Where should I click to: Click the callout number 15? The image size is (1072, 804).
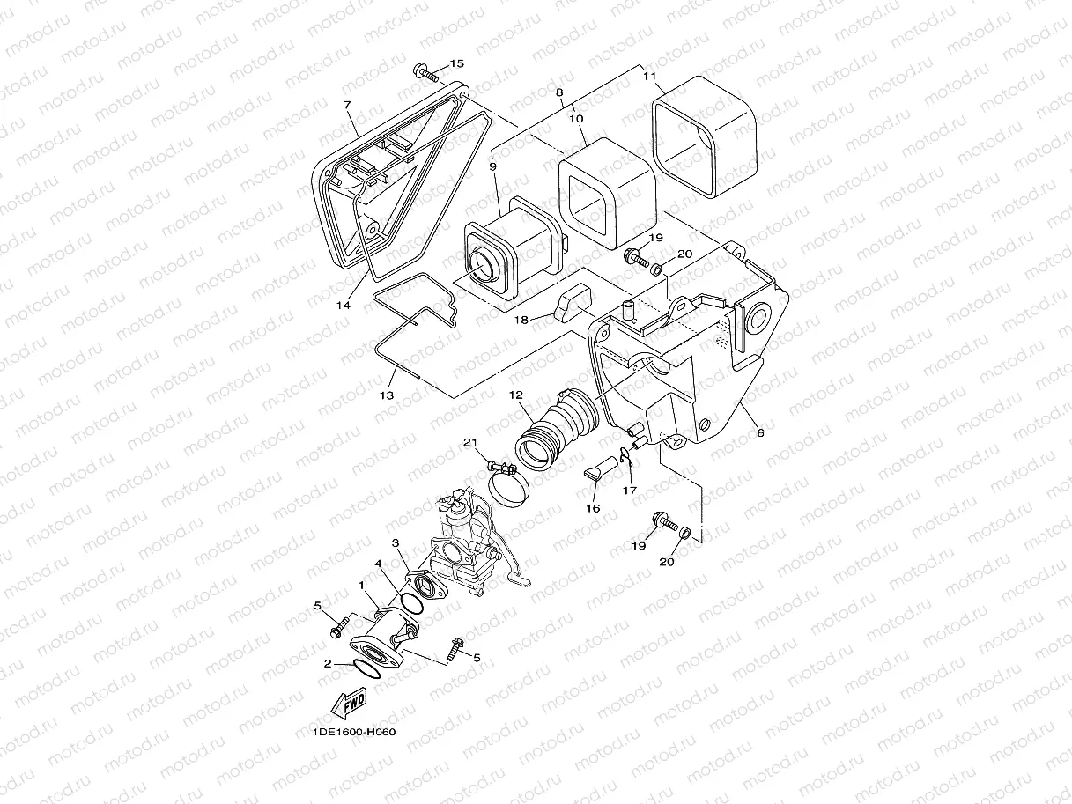(x=456, y=63)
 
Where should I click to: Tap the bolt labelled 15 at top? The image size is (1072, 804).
(x=425, y=71)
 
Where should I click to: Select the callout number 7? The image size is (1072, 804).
(x=347, y=106)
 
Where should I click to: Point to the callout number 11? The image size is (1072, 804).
(x=649, y=77)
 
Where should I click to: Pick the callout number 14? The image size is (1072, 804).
(x=343, y=305)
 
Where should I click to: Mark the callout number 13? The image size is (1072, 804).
(x=386, y=395)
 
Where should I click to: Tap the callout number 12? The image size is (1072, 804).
(x=515, y=396)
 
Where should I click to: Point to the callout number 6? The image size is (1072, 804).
(x=759, y=432)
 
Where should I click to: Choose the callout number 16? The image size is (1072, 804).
(x=593, y=508)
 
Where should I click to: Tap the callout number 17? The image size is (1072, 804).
(x=629, y=490)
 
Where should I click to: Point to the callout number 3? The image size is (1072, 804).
(x=396, y=543)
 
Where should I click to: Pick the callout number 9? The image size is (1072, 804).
(x=492, y=166)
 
